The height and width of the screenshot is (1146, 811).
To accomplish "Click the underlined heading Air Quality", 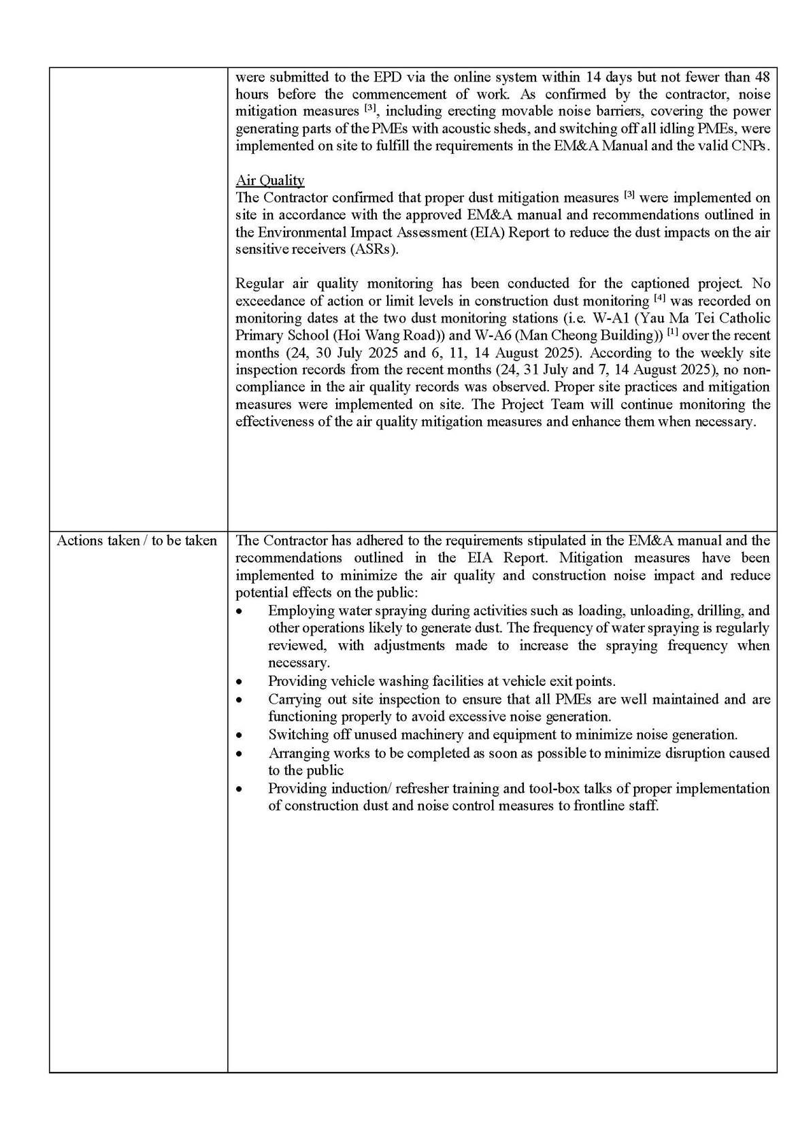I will click(269, 180).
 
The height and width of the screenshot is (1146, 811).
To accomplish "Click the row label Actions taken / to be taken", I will click(137, 541).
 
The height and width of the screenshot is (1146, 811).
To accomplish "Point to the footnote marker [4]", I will click(659, 298).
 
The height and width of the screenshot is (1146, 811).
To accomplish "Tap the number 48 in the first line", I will click(762, 77).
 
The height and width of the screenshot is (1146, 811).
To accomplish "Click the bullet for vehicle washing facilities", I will click(238, 682).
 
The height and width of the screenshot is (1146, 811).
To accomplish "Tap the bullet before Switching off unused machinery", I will click(238, 736).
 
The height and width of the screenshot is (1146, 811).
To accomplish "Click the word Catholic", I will click(745, 318).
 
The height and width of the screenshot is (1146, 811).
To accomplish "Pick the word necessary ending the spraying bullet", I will click(298, 663).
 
